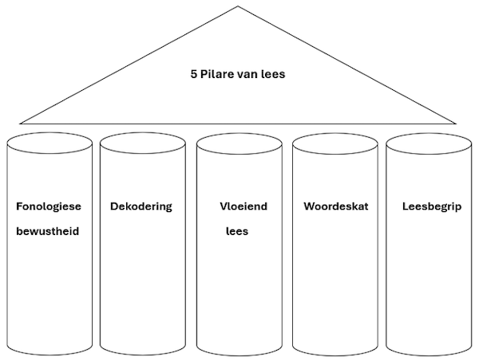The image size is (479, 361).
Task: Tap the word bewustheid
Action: tap(48, 233)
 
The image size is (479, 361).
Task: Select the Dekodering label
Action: tap(141, 206)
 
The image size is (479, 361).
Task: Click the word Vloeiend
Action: tap(243, 206)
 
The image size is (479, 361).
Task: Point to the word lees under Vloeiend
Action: tap(236, 233)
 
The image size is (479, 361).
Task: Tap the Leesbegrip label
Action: tap(431, 206)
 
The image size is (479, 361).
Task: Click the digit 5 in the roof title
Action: tap(194, 76)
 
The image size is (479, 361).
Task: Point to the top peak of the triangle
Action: tap(238, 7)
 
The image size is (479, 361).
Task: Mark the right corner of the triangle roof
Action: tap(455, 124)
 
